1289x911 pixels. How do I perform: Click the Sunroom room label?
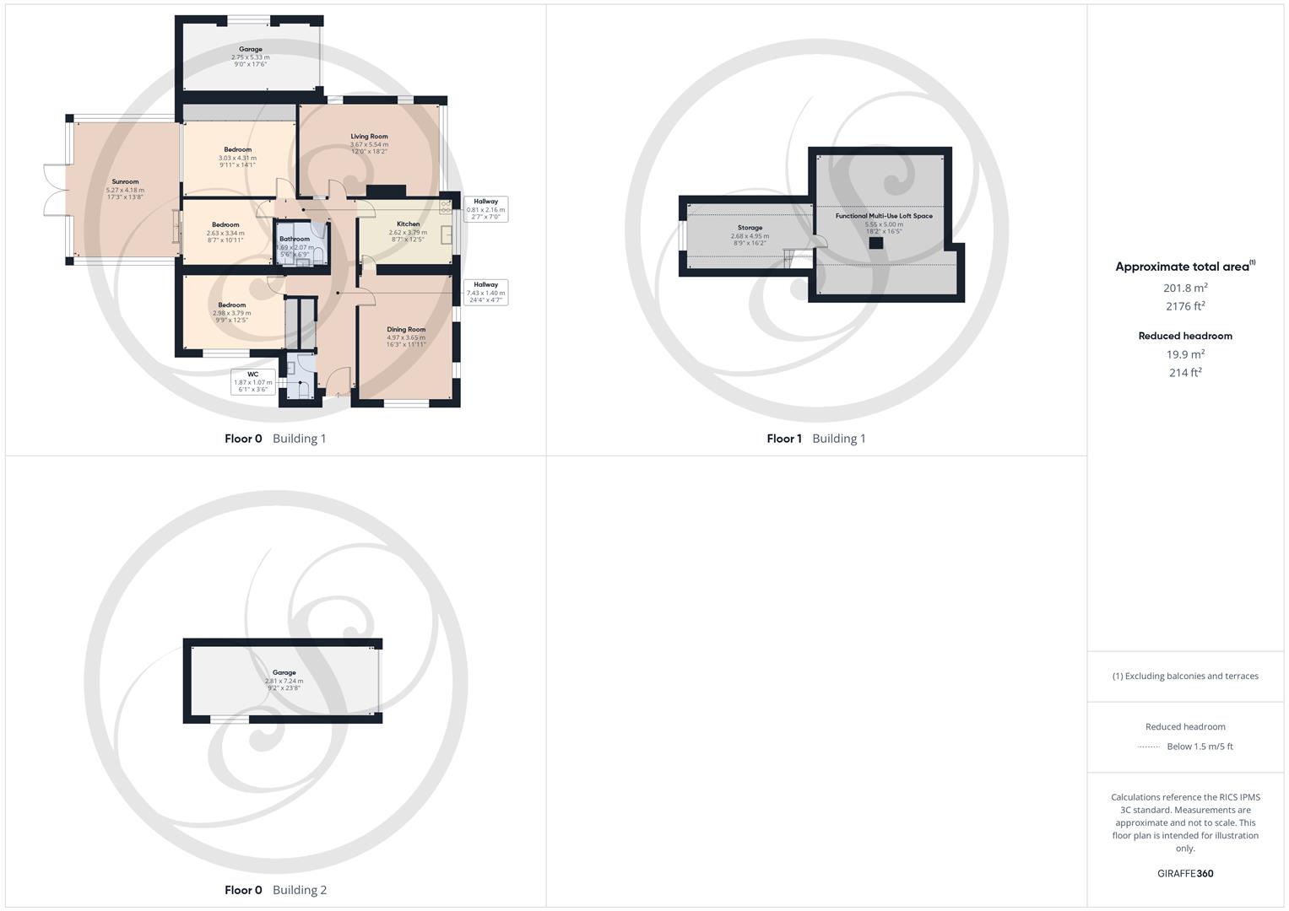click(x=125, y=181)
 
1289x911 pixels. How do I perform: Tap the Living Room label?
click(x=369, y=137)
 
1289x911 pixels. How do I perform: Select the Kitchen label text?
click(x=408, y=224)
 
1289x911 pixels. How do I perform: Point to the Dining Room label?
click(x=406, y=330)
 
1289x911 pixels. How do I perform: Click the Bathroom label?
click(x=295, y=240)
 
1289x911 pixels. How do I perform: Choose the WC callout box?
click(x=252, y=382)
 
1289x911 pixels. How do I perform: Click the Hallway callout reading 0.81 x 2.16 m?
click(x=485, y=209)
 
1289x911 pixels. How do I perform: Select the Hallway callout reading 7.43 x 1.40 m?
click(x=485, y=292)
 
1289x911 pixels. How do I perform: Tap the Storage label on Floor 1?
click(x=750, y=228)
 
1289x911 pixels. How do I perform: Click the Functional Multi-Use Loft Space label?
click(x=884, y=216)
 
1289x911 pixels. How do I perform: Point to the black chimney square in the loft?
click(x=876, y=243)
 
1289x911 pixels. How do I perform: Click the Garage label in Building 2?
click(x=284, y=673)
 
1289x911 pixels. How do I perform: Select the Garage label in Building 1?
click(x=250, y=50)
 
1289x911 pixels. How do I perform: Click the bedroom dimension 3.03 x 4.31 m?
click(x=237, y=158)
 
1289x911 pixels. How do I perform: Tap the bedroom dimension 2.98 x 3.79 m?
click(x=231, y=313)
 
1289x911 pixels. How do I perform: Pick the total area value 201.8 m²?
click(x=1185, y=288)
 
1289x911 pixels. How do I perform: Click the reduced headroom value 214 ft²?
click(x=1185, y=373)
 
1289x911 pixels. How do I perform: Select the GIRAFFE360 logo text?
click(x=1185, y=874)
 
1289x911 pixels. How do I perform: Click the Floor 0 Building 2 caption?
click(x=275, y=890)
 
